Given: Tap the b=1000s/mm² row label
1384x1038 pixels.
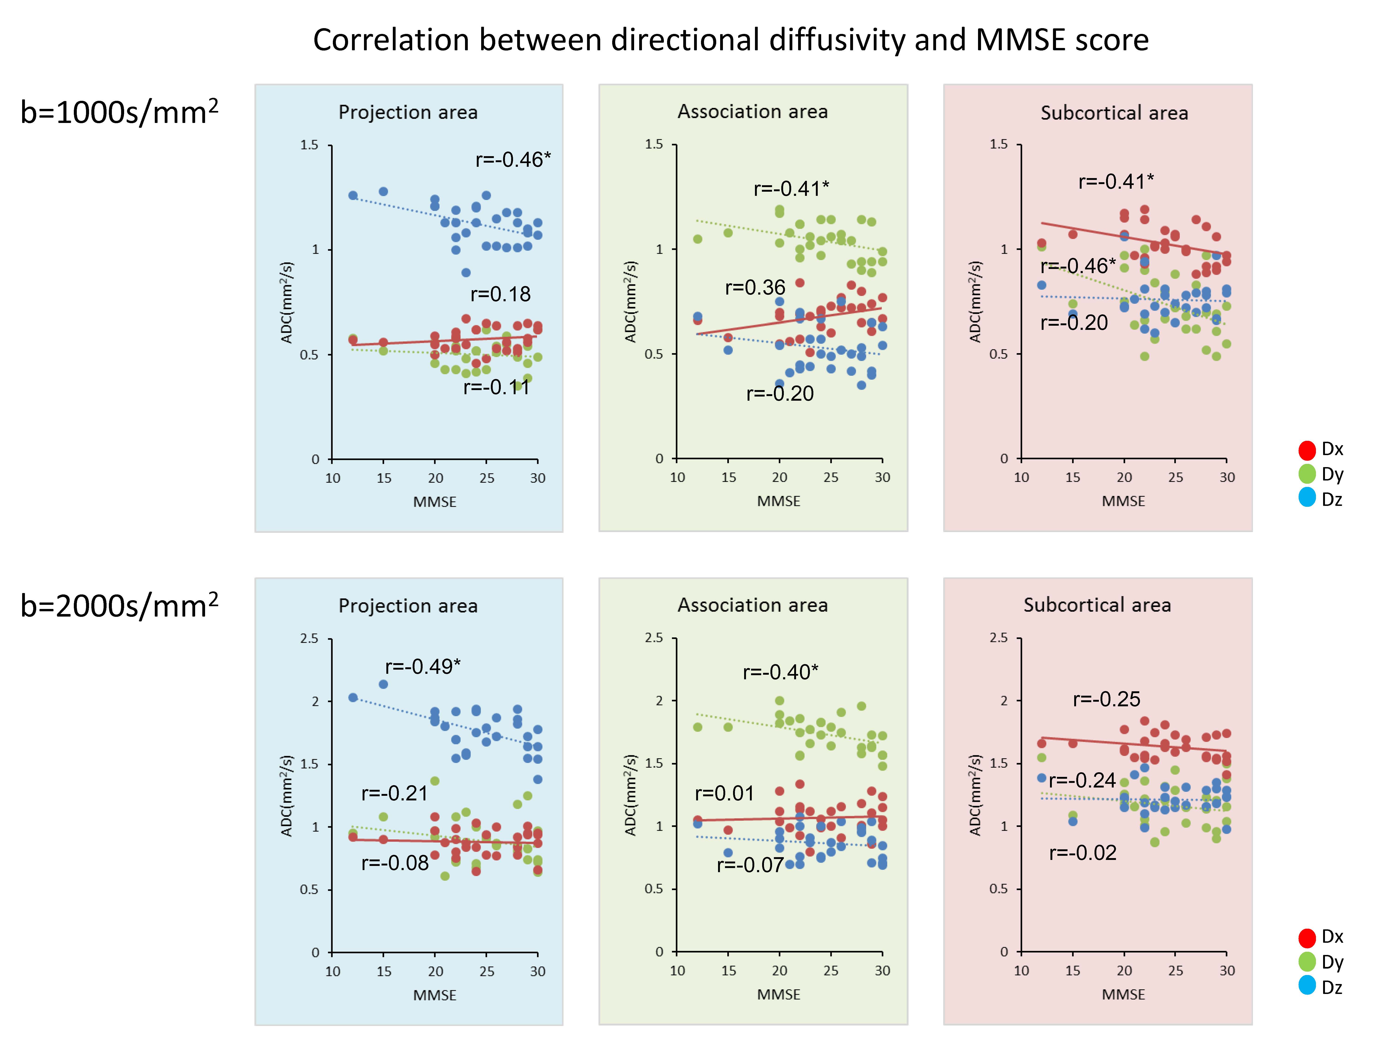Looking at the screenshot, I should pos(119,113).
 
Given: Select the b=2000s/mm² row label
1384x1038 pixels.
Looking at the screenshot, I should pos(119,606).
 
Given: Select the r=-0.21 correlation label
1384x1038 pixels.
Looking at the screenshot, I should pos(394,793).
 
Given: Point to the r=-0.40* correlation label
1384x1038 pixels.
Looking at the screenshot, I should pos(780,672).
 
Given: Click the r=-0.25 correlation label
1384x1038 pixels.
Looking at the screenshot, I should pos(1106,699).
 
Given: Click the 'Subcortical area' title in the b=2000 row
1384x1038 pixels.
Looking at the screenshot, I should pos(1097,605).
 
